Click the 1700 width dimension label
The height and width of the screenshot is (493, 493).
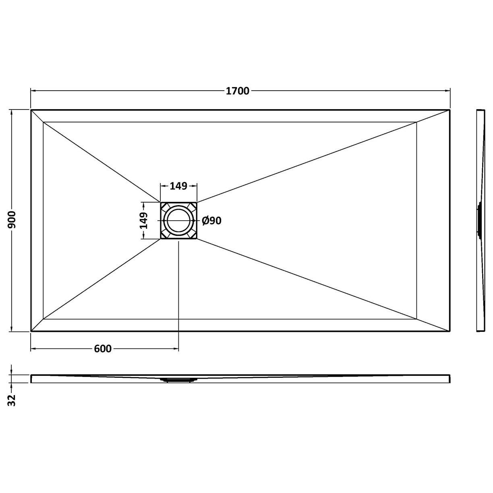point(238,91)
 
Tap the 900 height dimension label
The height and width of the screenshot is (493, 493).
point(12,220)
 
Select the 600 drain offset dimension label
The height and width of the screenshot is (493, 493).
point(103,349)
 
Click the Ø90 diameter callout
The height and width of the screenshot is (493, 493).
point(211,221)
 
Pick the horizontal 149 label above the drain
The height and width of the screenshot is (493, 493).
point(178,186)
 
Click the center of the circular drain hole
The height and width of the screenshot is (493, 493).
point(178,220)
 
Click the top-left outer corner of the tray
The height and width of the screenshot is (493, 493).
point(31,110)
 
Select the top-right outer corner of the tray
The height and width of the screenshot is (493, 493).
point(449,110)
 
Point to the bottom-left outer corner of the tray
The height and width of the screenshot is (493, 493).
point(31,331)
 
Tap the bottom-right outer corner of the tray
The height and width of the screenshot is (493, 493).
point(449,331)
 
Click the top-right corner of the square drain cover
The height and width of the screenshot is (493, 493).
point(197,203)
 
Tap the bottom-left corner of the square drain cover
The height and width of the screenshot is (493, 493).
point(161,238)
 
